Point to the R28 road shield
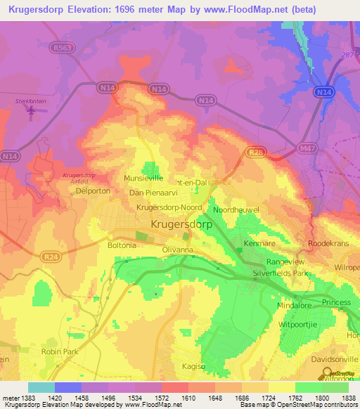(254, 152)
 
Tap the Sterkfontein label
(31, 101)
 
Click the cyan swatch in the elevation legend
(41, 387)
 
